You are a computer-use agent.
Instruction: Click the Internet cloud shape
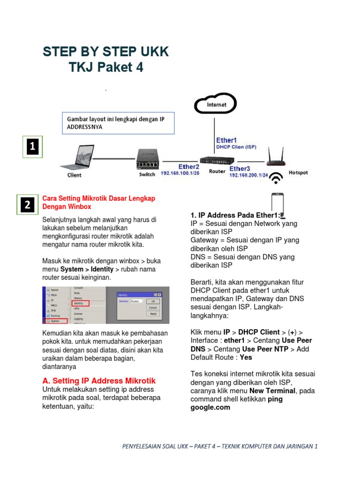coord(216,105)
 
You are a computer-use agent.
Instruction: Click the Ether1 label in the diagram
coord(226,140)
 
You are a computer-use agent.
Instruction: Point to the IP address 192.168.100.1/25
coord(180,173)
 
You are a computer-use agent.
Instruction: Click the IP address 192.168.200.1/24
coord(248,175)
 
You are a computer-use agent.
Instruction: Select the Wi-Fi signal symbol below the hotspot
coord(277,179)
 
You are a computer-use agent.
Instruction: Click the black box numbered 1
coord(32,147)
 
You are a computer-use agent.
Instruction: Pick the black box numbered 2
coord(28,205)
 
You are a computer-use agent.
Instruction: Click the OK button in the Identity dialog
coord(153,301)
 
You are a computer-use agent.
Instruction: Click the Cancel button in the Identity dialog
coord(153,307)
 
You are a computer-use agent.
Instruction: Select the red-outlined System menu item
coord(56,321)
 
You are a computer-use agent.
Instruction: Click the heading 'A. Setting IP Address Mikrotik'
coord(99,381)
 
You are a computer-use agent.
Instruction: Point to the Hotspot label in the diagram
coord(298,172)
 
